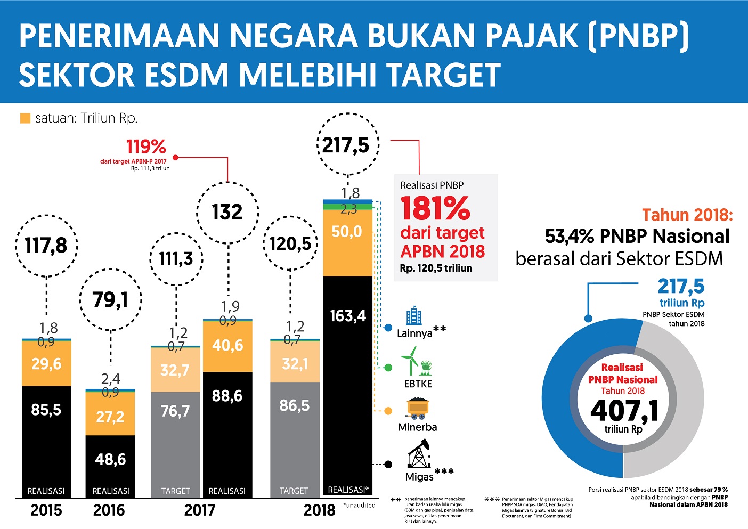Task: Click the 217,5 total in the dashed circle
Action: coord(347,145)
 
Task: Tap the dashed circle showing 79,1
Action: coord(111,300)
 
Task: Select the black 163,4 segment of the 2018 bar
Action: coord(348,373)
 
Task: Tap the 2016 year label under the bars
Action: coord(109,510)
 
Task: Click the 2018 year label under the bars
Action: coord(320,510)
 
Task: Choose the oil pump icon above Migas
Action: coord(419,454)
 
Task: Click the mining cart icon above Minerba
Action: coord(418,409)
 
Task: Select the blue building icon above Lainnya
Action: coord(413,316)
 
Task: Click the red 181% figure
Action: coord(435,208)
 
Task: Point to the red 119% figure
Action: coord(146,147)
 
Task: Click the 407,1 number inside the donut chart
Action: coord(624,411)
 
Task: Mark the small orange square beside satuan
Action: coord(25,118)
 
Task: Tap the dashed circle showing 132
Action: coord(227,212)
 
